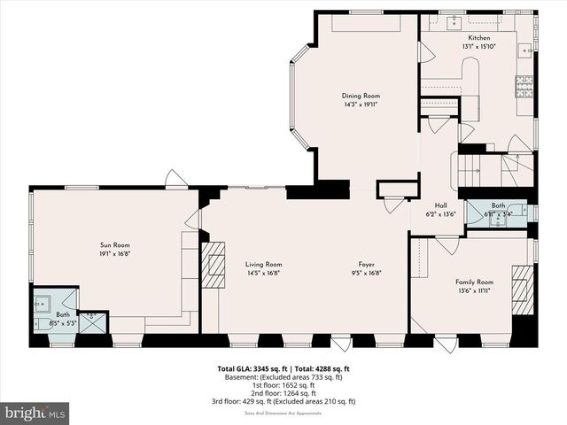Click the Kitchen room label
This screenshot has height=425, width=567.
tap(478, 38)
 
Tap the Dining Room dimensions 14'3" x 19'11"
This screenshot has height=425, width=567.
tap(361, 104)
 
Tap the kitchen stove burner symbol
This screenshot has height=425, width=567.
tap(524, 85)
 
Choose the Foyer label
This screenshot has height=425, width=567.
tap(366, 264)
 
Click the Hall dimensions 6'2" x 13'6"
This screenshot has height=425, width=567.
tap(440, 213)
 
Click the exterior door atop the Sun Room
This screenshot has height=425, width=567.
tap(176, 180)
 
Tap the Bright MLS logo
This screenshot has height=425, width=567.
tap(35, 413)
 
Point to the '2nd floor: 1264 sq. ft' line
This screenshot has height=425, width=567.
tap(283, 392)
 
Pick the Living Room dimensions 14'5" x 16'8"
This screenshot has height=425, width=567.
tap(263, 273)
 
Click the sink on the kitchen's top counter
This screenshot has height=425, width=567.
tap(451, 18)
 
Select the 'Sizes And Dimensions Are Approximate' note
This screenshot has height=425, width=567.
tap(283, 411)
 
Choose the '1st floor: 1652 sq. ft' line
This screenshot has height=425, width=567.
tap(283, 384)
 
